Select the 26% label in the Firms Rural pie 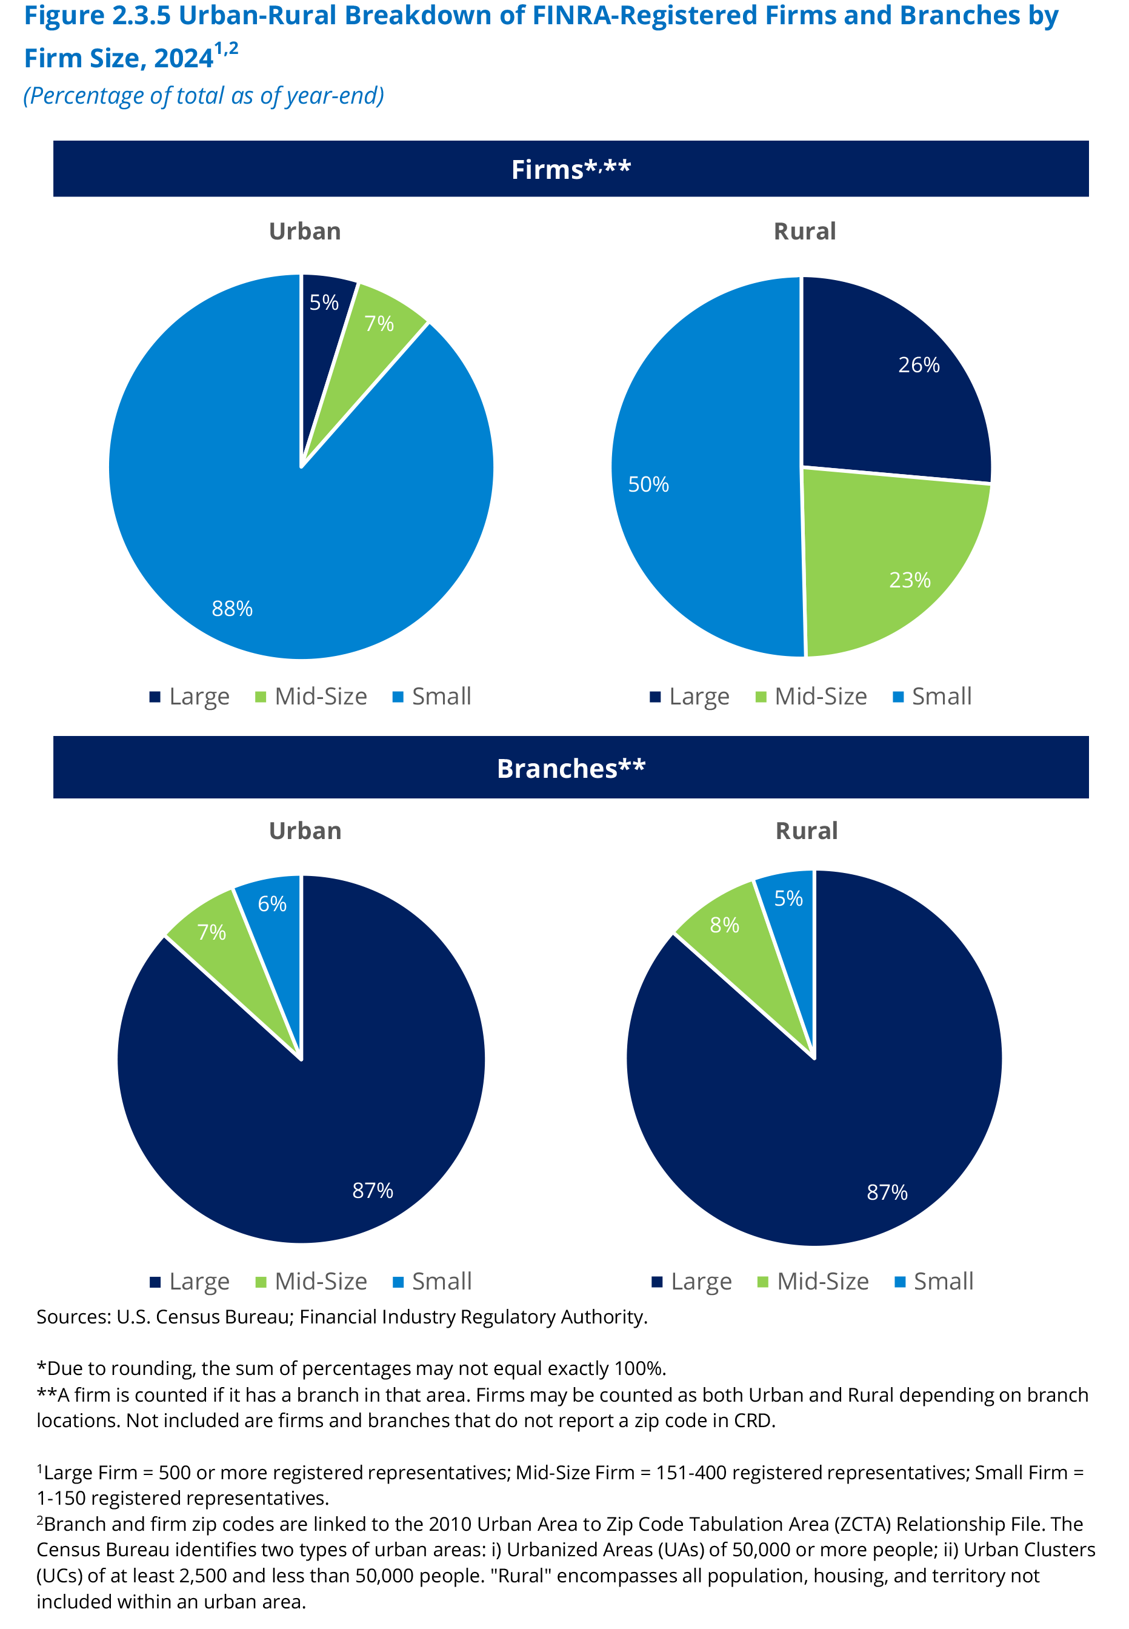pyautogui.click(x=919, y=365)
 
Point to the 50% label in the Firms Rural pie pyautogui.click(x=648, y=485)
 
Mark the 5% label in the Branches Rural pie pyautogui.click(x=788, y=898)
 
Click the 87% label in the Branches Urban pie pyautogui.click(x=373, y=1190)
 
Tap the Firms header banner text pyautogui.click(x=571, y=169)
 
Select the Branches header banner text pyautogui.click(x=571, y=769)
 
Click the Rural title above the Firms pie pyautogui.click(x=805, y=232)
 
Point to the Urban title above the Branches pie pyautogui.click(x=305, y=831)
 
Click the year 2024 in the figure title pyautogui.click(x=183, y=59)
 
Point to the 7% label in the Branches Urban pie pyautogui.click(x=211, y=932)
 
